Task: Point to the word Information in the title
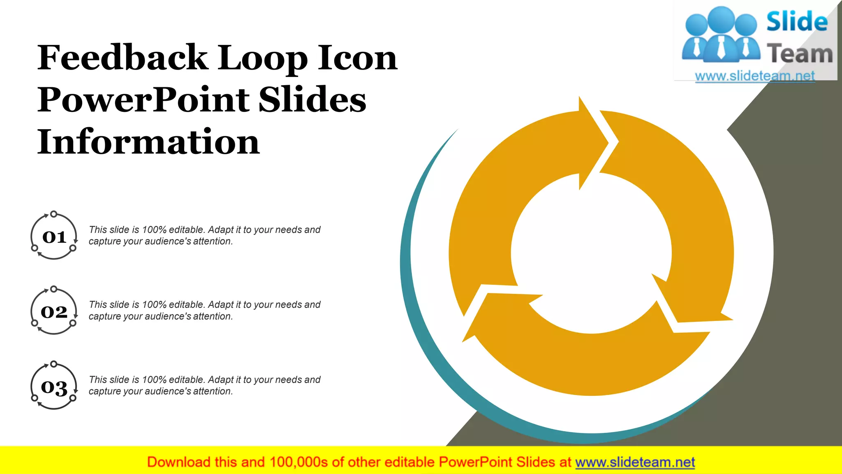point(148,142)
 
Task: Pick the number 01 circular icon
point(54,237)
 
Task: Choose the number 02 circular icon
point(54,311)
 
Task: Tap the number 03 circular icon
point(54,387)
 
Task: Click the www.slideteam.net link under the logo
point(754,76)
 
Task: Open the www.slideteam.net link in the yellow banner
point(635,462)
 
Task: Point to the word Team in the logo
point(799,54)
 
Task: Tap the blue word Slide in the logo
point(797,21)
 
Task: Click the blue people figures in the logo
point(720,35)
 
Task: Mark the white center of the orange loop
point(591,253)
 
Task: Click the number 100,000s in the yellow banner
point(298,462)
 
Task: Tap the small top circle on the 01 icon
point(53,214)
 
